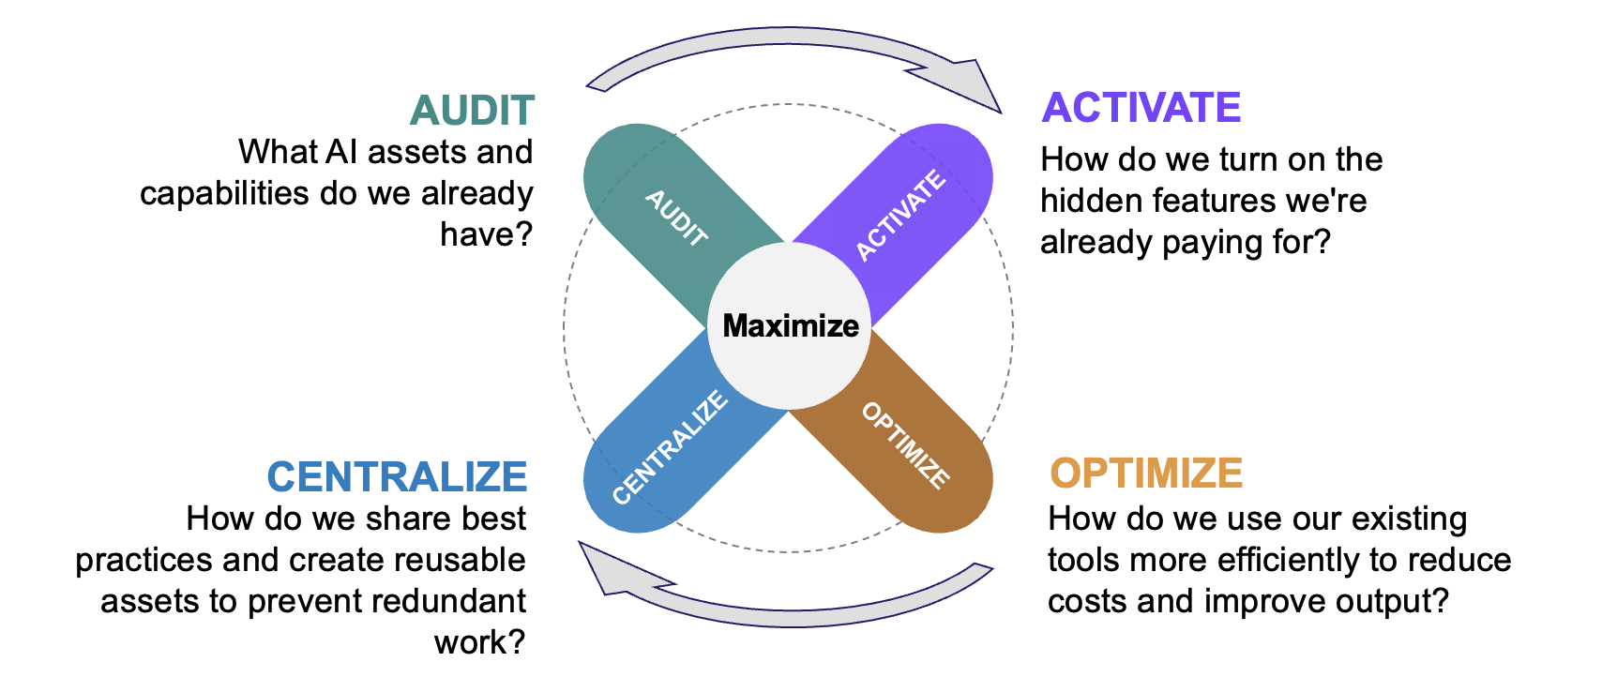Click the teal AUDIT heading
click(x=472, y=111)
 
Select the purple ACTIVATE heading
click(x=1141, y=108)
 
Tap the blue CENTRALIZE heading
click(x=397, y=476)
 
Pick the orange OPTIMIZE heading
click(x=1146, y=474)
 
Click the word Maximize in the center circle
click(x=791, y=325)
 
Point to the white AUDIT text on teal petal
click(x=676, y=218)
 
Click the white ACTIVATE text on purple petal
click(x=900, y=215)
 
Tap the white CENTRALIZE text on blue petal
click(x=670, y=447)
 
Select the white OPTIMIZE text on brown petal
click(x=905, y=444)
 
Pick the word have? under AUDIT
click(x=486, y=234)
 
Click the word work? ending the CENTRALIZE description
click(x=479, y=642)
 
